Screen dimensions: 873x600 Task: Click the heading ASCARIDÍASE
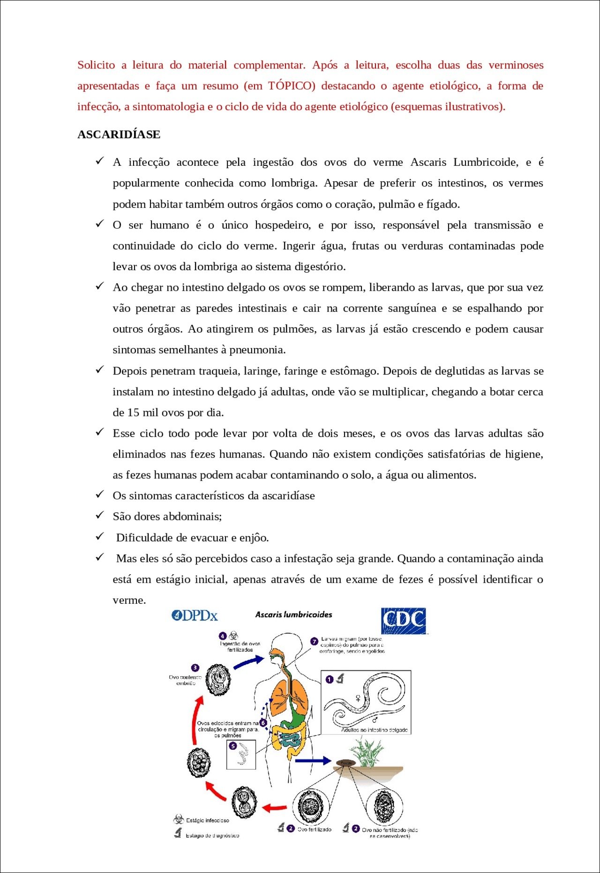[119, 134]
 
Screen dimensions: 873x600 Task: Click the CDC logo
[404, 621]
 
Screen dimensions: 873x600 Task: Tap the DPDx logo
[195, 615]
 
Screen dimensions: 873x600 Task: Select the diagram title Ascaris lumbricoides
[293, 614]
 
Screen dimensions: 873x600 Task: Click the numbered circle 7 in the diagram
[315, 641]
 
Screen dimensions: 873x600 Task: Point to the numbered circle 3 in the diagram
[195, 667]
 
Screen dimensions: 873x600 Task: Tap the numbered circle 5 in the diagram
[233, 746]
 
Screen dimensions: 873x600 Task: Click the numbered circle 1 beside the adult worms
[330, 679]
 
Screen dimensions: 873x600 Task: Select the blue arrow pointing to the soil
[313, 761]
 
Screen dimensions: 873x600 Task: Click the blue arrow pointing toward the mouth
[249, 662]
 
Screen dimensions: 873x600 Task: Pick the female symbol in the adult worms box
[359, 699]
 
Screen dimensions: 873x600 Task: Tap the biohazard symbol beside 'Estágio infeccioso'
[178, 820]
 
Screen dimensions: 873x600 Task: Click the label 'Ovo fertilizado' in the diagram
[314, 829]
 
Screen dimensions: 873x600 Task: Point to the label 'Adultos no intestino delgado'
[374, 730]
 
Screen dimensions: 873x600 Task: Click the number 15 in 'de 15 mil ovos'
[133, 413]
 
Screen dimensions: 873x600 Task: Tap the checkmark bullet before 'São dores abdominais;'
[100, 515]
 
